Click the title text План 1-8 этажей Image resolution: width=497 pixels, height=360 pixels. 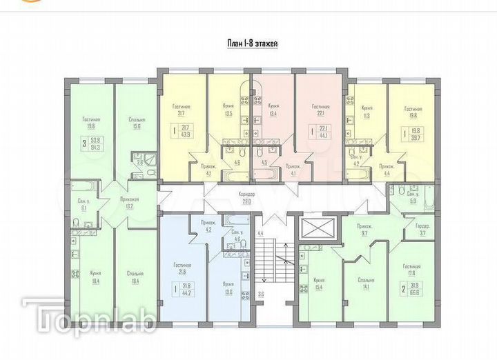pyautogui.click(x=253, y=43)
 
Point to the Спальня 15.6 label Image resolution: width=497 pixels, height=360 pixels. pyautogui.click(x=136, y=123)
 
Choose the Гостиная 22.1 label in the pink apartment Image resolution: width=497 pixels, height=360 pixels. pyautogui.click(x=320, y=110)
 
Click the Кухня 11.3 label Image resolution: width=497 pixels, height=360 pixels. pyautogui.click(x=367, y=112)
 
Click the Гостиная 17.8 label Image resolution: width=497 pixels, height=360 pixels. pyautogui.click(x=412, y=270)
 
